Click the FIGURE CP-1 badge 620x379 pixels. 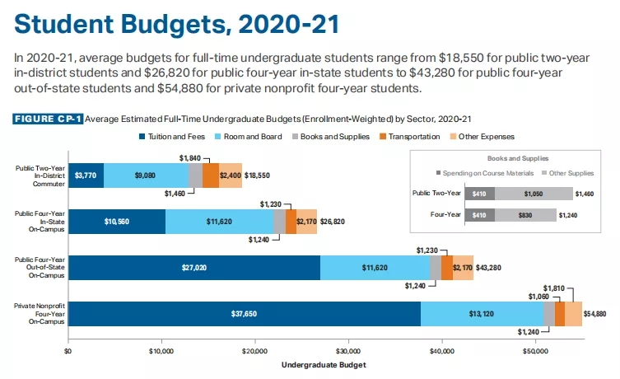pyautogui.click(x=48, y=119)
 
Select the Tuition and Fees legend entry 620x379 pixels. pyautogui.click(x=171, y=136)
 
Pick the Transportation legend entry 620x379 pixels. pyautogui.click(x=408, y=136)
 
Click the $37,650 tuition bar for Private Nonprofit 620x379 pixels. pyautogui.click(x=244, y=314)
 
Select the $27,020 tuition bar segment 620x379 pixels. pyautogui.click(x=193, y=268)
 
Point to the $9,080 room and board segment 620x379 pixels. pyautogui.click(x=146, y=175)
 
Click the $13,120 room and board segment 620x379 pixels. pyautogui.click(x=481, y=314)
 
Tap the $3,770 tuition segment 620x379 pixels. pyautogui.click(x=86, y=175)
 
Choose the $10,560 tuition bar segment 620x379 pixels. pyautogui.click(x=117, y=222)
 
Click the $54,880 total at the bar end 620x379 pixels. pyautogui.click(x=595, y=314)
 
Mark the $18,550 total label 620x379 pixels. pyautogui.click(x=257, y=175)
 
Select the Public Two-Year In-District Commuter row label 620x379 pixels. pyautogui.click(x=35, y=175)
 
